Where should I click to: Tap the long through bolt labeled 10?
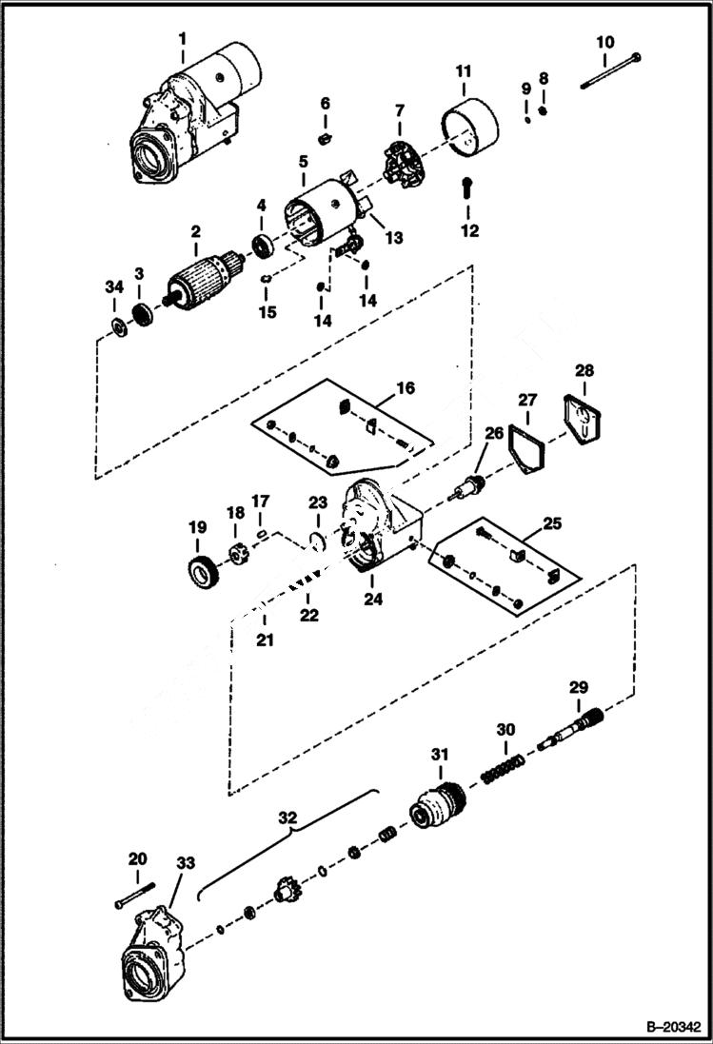(x=609, y=72)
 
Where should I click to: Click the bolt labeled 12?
(x=466, y=187)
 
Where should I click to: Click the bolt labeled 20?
(x=134, y=896)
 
